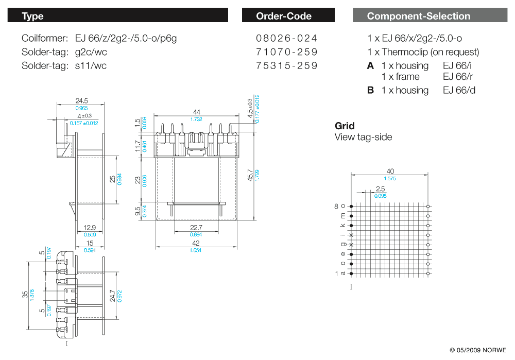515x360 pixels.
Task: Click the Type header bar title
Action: pos(32,16)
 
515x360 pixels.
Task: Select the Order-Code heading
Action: pos(284,16)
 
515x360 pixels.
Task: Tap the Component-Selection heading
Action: pos(418,16)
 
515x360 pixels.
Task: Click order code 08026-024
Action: pos(286,39)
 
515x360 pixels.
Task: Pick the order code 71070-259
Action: pos(286,52)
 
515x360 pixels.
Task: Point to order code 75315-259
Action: pos(286,66)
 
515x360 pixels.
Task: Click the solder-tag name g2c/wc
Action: pos(91,52)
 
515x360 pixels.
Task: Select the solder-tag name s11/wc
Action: pos(91,66)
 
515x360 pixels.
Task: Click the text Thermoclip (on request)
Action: pos(431,52)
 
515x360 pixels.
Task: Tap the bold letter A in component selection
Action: pos(370,66)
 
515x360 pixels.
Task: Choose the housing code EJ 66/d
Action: pos(459,90)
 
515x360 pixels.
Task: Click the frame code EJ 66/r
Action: pos(458,77)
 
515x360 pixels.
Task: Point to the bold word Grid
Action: pos(345,126)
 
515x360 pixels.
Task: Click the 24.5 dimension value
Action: pos(81,101)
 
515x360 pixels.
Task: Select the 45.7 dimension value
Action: pos(250,175)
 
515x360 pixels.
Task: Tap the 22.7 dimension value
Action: pos(196,227)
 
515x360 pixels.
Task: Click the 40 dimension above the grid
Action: pos(390,171)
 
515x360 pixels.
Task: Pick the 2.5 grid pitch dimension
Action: pos(381,189)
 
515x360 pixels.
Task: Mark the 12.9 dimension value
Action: pos(89,228)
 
